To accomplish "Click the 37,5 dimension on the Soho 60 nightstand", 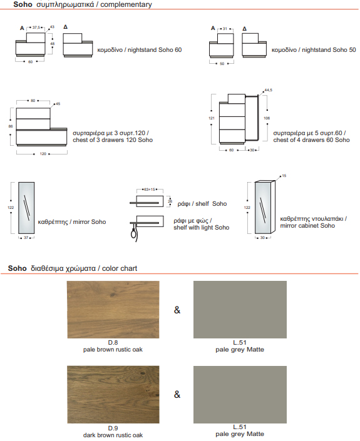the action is coord(36,28).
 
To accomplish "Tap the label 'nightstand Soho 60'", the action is coord(155,50).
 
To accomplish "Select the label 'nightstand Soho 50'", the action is coord(329,50).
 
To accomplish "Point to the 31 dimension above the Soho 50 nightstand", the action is coord(225,29).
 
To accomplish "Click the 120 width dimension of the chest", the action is coord(43,154).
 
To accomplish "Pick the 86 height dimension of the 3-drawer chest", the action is coord(11,126).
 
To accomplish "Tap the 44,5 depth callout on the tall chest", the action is coord(268,90).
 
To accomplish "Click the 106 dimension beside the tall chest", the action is coord(267,118).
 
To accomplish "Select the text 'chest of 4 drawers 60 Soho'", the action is coord(311,139).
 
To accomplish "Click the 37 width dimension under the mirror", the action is coord(26,238).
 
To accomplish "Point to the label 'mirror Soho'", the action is coord(90,222).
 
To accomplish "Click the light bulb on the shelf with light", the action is coord(134,233).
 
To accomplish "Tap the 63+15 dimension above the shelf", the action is coord(150,190).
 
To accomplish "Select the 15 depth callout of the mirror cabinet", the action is coord(284,176).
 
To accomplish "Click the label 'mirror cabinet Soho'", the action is coord(307,226).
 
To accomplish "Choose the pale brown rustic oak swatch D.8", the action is coord(113,310).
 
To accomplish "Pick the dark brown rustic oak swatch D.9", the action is coord(113,394).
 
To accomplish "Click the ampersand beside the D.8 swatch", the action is coord(177,310).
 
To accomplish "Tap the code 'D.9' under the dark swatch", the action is coord(113,428).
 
